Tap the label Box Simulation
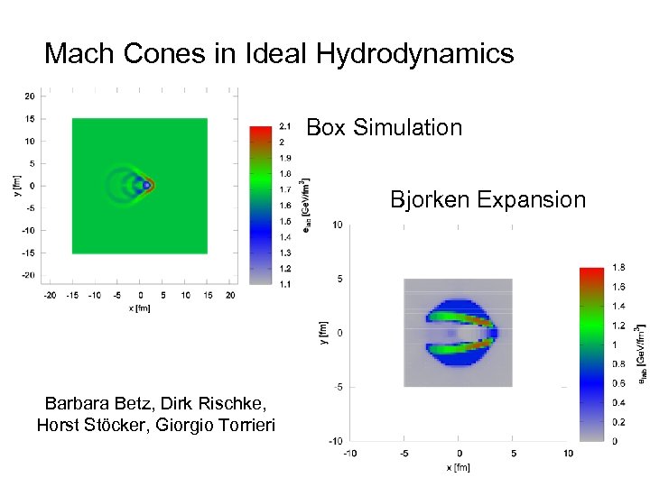click(x=385, y=128)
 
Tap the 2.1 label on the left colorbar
click(x=285, y=125)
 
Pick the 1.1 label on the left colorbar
click(x=285, y=284)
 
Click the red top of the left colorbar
click(x=260, y=132)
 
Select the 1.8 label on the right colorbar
click(x=618, y=267)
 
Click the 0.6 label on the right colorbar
click(x=618, y=383)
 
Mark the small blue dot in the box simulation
click(x=146, y=186)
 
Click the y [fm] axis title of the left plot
click(x=17, y=186)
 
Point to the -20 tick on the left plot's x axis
click(x=51, y=295)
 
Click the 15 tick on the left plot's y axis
click(x=30, y=118)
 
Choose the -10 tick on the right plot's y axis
click(x=334, y=441)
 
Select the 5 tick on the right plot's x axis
click(x=514, y=453)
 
